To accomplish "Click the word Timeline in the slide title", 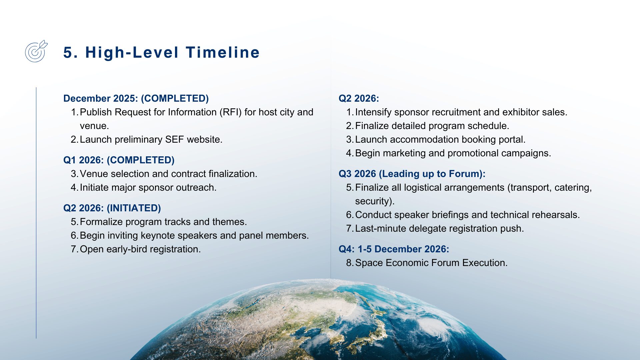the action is [x=223, y=52].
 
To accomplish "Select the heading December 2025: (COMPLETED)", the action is [x=136, y=98].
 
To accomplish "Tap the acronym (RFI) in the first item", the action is [x=230, y=112].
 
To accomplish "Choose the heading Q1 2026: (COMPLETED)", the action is [x=119, y=160].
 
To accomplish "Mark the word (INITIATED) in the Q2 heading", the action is [x=134, y=208].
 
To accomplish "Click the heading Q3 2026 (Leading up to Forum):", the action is [x=412, y=174].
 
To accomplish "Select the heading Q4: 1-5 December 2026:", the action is [x=394, y=249].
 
